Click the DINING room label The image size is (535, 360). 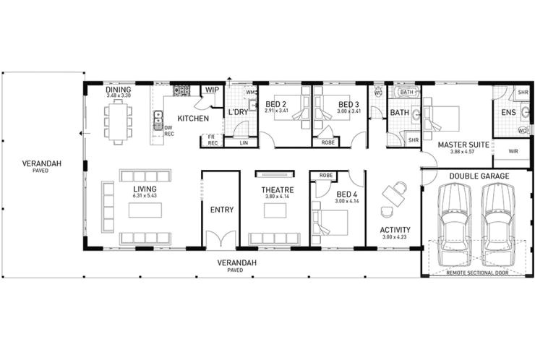click(x=118, y=90)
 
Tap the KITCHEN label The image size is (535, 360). click(x=193, y=118)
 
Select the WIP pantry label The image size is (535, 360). click(x=212, y=90)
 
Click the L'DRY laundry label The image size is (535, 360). click(x=238, y=114)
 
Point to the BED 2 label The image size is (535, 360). click(x=275, y=104)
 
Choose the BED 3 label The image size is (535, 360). click(x=349, y=104)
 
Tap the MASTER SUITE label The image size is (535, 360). click(x=456, y=144)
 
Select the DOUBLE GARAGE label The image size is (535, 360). click(x=479, y=176)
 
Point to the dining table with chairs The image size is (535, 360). click(x=118, y=121)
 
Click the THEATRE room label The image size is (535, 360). click(x=276, y=190)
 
